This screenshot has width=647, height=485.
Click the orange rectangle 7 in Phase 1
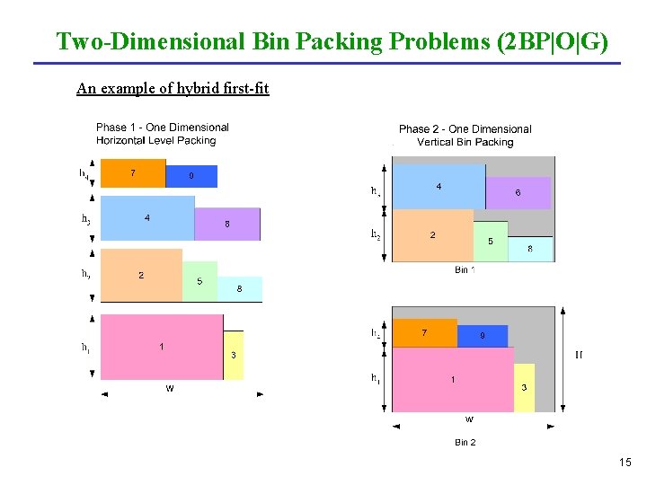[133, 172]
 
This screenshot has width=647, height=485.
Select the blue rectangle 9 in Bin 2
[483, 336]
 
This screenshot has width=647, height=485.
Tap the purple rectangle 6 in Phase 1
[227, 224]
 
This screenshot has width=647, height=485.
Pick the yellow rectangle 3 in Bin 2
[524, 388]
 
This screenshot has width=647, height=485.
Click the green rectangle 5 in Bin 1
[491, 242]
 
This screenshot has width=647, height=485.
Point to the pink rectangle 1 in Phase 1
[162, 347]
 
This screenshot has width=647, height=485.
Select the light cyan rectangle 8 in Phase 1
[240, 288]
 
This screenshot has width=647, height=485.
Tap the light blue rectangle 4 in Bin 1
[439, 187]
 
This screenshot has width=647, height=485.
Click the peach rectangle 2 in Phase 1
[141, 275]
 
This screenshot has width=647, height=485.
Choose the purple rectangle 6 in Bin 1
[518, 192]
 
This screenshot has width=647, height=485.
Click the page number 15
[625, 462]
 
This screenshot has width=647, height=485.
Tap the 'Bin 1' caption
[465, 269]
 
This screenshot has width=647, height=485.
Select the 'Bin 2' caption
[465, 442]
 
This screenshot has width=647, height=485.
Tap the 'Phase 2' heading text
[415, 129]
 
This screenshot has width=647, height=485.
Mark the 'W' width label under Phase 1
[169, 389]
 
